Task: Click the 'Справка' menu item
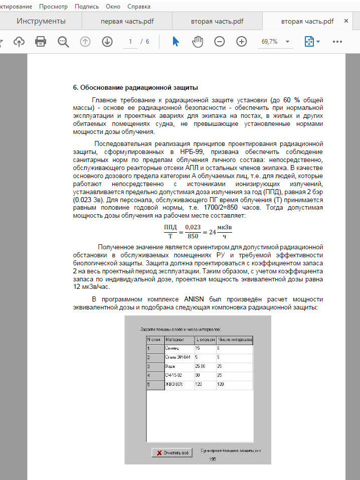tap(139, 7)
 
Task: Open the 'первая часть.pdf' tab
tap(127, 22)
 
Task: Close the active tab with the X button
tap(346, 21)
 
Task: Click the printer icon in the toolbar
tap(41, 42)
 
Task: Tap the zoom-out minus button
tap(220, 42)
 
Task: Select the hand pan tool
tap(198, 42)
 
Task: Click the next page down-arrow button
tap(107, 42)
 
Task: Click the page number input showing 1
tap(130, 42)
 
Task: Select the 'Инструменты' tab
tap(41, 22)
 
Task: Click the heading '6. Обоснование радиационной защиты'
tap(135, 87)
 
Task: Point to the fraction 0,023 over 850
tap(193, 231)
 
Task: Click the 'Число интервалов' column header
tap(234, 340)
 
